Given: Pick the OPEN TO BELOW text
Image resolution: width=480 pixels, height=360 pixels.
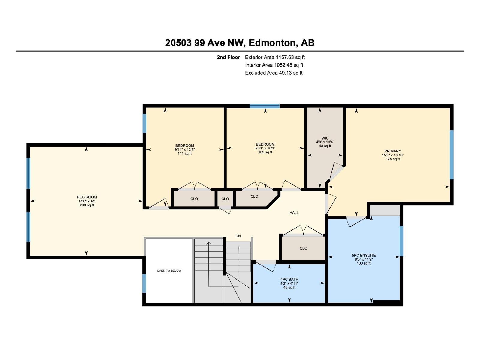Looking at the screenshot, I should point(169,271).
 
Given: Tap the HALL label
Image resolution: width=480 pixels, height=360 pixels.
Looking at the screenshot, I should point(294,213).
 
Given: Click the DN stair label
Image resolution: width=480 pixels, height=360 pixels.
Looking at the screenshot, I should point(238,236).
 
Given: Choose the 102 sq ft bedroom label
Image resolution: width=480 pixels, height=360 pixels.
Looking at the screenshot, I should point(265,148).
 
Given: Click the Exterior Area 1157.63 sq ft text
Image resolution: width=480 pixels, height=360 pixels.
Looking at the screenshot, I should point(275,57).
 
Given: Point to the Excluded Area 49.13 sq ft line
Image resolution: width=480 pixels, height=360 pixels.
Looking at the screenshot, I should point(274,73).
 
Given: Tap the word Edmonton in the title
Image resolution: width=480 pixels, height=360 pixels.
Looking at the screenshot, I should point(272,43).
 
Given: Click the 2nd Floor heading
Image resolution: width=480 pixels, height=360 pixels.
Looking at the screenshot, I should point(228,57).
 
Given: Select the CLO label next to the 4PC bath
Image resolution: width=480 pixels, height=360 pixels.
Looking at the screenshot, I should point(303,248).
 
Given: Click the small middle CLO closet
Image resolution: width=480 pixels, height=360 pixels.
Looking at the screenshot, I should point(225,199).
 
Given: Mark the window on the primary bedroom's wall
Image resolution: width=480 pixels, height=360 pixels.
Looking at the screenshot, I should point(451,154).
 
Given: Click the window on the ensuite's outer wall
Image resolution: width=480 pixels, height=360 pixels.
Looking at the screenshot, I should point(402,241).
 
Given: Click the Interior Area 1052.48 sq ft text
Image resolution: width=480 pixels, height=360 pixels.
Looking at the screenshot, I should point(274,65).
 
